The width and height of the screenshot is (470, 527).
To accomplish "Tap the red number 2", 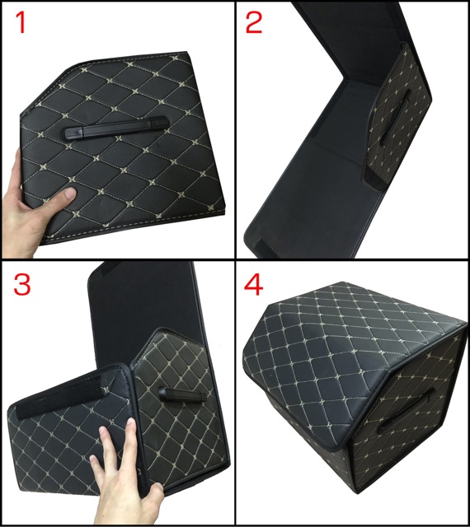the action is [254, 22].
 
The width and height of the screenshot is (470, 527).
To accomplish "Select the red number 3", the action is [22, 284].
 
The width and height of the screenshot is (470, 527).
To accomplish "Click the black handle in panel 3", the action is [181, 394].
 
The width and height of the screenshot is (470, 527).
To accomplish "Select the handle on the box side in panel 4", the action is [407, 410].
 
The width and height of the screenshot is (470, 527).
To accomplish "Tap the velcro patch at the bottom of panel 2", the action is [266, 248].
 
